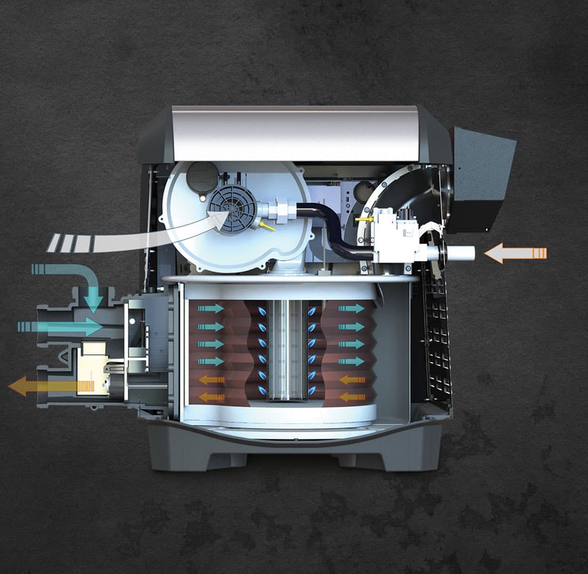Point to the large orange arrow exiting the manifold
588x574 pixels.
click(47, 386)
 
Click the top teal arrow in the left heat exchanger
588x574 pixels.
click(211, 309)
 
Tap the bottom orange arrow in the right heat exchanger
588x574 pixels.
click(352, 397)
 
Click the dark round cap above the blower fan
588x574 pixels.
click(202, 176)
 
